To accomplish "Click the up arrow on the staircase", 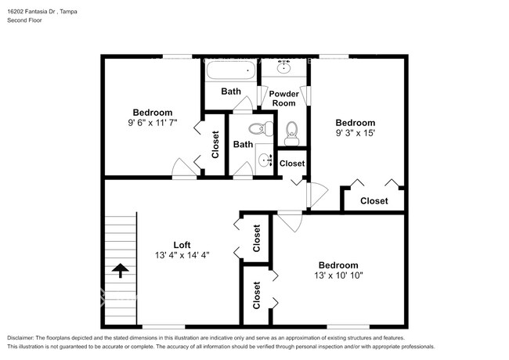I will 120,271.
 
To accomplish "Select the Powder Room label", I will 283,98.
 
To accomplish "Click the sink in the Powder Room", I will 284,67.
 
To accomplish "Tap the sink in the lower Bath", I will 264,161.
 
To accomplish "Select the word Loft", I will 182,244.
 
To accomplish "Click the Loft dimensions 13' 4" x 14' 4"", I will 182,255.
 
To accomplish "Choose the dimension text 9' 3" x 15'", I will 355,133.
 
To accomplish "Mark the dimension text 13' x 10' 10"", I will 338,275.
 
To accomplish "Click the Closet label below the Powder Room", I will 291,164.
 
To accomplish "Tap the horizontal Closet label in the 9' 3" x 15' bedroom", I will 374,201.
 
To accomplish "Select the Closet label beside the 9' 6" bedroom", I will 215,144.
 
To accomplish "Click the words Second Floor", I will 26,20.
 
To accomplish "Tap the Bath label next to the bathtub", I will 231,92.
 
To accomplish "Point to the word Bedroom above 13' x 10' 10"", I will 338,265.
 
